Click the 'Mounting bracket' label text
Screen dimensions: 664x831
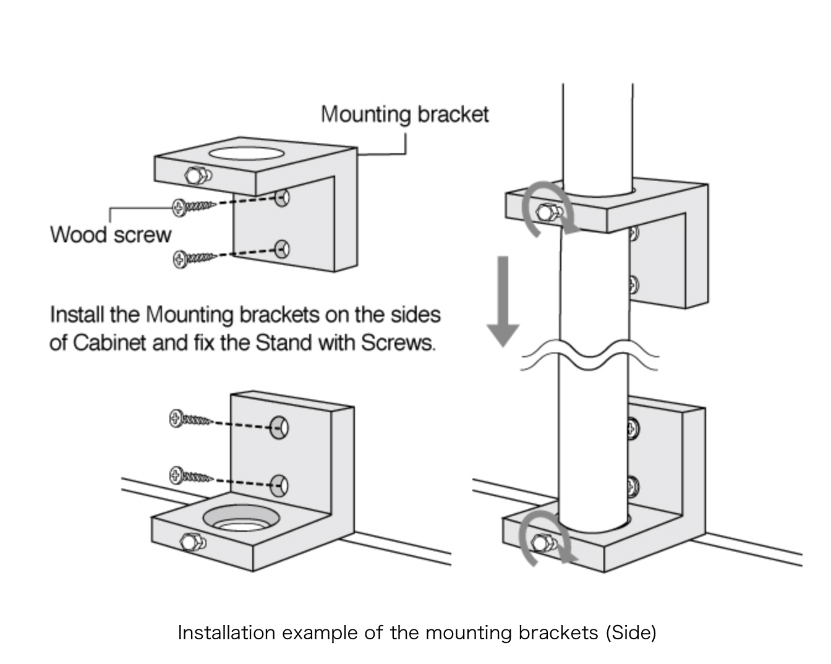404,114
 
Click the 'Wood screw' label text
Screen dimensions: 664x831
110,235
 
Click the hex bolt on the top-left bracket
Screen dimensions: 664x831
195,176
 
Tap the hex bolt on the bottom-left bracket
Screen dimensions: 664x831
190,542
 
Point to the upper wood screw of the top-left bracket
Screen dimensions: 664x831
194,205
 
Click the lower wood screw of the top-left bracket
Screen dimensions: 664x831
194,257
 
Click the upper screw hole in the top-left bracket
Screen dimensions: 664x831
282,197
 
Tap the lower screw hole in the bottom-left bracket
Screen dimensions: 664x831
279,485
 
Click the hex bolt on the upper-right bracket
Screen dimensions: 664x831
545,212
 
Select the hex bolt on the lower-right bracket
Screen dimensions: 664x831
542,543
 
